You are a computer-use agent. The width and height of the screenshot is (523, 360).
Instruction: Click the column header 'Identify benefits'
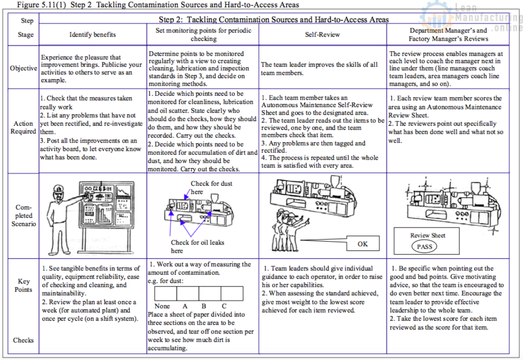[93, 35]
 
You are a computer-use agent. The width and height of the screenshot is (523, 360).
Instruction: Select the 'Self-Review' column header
[322, 35]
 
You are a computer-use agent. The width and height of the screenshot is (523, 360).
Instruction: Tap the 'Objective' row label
[23, 68]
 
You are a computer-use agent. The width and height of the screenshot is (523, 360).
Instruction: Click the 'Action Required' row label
[23, 127]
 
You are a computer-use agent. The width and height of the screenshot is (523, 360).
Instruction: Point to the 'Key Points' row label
[23, 286]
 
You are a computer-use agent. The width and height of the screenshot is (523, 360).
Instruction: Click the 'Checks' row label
[23, 340]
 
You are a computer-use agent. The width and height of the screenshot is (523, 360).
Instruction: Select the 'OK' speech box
[363, 244]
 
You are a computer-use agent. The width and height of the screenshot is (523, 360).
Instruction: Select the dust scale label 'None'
[162, 306]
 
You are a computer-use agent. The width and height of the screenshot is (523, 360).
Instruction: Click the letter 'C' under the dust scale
[224, 306]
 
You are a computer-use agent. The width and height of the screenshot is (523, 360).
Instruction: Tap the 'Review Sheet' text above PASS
[427, 235]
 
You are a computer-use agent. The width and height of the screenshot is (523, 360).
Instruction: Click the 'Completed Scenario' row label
[23, 215]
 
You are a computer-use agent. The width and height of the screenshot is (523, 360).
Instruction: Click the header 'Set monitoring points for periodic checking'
[203, 35]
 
